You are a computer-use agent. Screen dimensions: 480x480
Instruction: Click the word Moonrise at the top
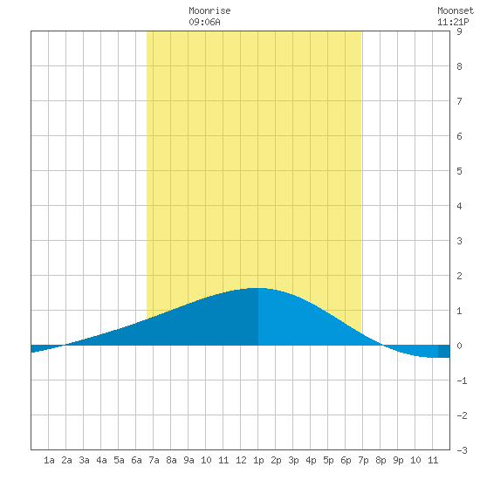[x=209, y=10]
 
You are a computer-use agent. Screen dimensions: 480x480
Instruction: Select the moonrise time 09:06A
[x=204, y=22]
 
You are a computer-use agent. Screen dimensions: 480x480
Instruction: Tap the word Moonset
[x=456, y=10]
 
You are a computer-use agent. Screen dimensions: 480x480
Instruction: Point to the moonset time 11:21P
[x=453, y=22]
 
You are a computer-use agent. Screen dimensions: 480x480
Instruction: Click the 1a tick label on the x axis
[x=49, y=460]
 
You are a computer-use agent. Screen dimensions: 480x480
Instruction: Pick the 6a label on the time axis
[x=136, y=460]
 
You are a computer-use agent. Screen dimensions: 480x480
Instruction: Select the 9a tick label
[x=189, y=460]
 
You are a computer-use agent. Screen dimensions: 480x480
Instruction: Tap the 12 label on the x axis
[x=241, y=460]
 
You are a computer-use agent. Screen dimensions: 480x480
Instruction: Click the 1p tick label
[x=258, y=460]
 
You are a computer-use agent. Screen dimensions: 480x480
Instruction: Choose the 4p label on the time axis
[x=311, y=460]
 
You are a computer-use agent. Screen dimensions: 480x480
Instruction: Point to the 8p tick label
[x=381, y=460]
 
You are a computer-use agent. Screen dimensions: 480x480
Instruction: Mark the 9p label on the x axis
[x=398, y=460]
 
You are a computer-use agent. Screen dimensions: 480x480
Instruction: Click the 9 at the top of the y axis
[x=459, y=31]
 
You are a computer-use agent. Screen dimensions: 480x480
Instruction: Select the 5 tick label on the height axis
[x=459, y=171]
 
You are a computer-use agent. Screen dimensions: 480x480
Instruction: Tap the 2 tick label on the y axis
[x=459, y=276]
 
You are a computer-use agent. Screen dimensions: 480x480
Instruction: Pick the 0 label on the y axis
[x=459, y=346]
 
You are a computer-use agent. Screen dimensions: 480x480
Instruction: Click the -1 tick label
[x=462, y=381]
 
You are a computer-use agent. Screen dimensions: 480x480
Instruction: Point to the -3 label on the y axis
[x=462, y=450]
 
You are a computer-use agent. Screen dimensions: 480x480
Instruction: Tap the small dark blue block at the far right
[x=444, y=351]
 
